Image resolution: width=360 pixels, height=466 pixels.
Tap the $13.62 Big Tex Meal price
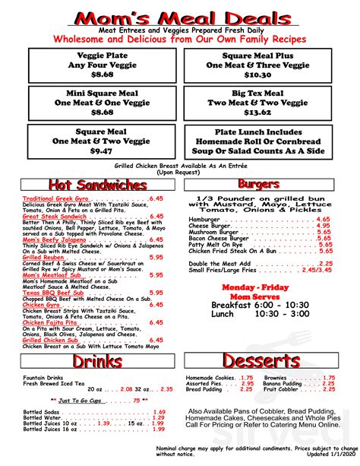coord(257,112)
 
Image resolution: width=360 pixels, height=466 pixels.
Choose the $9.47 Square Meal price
coord(102,151)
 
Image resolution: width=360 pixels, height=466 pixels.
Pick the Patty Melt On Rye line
coord(218,245)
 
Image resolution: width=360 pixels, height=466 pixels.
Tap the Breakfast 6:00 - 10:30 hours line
coord(260,304)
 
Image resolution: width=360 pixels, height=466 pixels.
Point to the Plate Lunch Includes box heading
coord(257,132)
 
